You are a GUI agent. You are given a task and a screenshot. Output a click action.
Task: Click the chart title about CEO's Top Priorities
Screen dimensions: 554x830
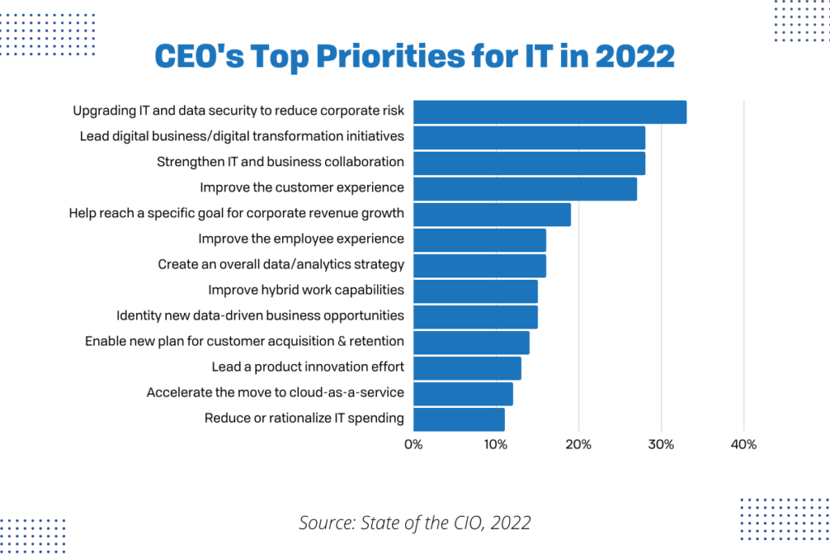point(414,58)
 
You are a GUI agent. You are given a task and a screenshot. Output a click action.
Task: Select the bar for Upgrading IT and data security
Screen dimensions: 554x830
point(550,112)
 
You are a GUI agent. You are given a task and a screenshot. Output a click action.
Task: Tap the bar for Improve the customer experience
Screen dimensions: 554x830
point(525,189)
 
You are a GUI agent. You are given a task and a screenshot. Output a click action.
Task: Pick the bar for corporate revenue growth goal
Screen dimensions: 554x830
point(492,215)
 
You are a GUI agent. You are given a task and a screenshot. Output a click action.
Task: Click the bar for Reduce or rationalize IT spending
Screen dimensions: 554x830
point(459,419)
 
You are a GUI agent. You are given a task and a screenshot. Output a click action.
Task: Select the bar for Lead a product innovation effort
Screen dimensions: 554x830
point(467,368)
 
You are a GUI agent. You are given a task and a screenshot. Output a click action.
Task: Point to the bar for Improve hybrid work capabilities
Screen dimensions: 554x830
point(475,291)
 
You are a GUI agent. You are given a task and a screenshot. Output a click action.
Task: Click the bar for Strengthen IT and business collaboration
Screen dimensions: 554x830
point(529,163)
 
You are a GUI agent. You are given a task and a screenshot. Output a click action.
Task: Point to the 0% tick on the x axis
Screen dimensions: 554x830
point(413,444)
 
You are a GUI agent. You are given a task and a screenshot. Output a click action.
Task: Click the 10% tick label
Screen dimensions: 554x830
point(495,444)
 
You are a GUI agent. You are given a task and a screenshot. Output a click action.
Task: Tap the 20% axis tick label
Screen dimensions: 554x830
point(578,444)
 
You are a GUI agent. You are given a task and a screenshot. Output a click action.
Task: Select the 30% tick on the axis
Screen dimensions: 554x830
point(661,444)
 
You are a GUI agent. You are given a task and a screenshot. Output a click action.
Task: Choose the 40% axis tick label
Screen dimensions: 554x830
point(743,444)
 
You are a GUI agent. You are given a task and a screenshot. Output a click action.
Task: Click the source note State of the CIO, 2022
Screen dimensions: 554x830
point(414,522)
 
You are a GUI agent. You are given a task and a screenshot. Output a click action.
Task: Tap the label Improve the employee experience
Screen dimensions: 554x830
point(301,238)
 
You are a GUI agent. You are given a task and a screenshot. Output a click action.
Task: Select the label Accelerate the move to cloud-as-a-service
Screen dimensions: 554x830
point(275,393)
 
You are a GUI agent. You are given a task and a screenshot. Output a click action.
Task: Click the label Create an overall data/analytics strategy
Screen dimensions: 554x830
point(280,264)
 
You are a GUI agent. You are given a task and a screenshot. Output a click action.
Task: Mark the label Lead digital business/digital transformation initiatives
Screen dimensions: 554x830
point(242,135)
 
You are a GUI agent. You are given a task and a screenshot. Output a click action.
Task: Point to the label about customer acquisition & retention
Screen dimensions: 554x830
point(244,341)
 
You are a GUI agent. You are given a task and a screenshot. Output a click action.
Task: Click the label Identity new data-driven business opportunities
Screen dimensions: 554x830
point(260,316)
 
